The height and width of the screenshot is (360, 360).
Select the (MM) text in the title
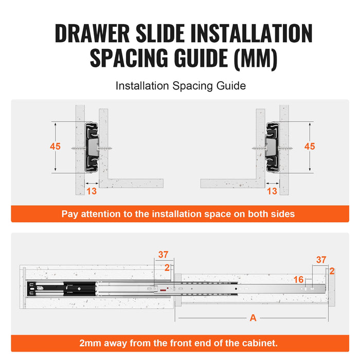pyautogui.click(x=256, y=59)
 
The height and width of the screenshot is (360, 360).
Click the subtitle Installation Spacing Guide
pyautogui.click(x=180, y=86)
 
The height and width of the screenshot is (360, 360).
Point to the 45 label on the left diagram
pyautogui.click(x=55, y=147)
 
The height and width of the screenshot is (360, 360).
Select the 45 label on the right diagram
pyautogui.click(x=310, y=147)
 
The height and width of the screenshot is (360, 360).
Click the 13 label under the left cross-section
pyautogui.click(x=92, y=191)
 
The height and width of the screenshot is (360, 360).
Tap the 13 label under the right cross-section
pyautogui.click(x=272, y=191)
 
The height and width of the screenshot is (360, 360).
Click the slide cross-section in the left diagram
pyautogui.click(x=93, y=147)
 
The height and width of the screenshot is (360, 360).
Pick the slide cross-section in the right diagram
pyautogui.click(x=272, y=147)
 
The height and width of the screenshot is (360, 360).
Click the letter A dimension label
pyautogui.click(x=253, y=318)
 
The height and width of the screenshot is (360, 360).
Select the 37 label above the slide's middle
pyautogui.click(x=164, y=255)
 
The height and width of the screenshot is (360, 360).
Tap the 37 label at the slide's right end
pyautogui.click(x=321, y=260)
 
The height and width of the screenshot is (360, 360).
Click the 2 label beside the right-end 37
pyautogui.click(x=332, y=271)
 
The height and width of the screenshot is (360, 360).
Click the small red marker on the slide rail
pyautogui.click(x=163, y=290)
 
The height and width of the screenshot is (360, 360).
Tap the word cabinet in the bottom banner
pyautogui.click(x=260, y=343)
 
